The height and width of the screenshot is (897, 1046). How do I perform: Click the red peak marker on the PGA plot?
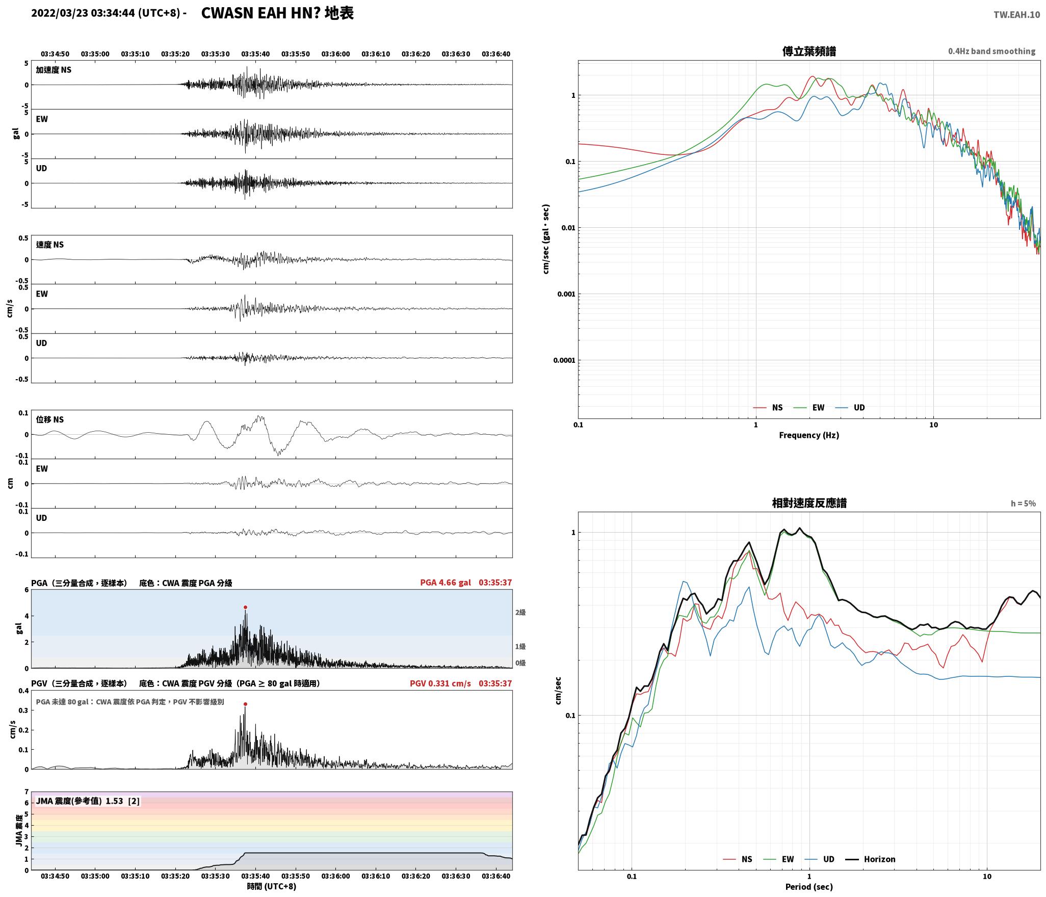(245, 607)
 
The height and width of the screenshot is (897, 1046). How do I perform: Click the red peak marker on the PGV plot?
(245, 704)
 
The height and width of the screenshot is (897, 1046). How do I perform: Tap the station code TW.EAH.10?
(1016, 15)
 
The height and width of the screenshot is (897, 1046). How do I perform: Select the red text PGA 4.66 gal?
(446, 583)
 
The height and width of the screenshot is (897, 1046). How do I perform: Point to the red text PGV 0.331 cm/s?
(440, 683)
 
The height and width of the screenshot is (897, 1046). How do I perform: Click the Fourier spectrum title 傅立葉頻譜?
(809, 51)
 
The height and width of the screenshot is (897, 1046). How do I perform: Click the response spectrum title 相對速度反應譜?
(809, 503)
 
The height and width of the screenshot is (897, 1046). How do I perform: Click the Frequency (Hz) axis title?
(809, 435)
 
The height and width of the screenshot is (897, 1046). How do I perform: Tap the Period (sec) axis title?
(809, 886)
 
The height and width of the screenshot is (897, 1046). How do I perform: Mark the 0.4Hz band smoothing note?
(991, 51)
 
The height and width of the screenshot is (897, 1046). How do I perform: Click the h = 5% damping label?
(1023, 503)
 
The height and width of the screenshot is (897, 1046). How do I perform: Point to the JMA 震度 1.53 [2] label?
(88, 801)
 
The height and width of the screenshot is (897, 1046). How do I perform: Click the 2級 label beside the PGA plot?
(520, 612)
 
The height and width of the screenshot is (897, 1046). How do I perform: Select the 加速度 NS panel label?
(54, 70)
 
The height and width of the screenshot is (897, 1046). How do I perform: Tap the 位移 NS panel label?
(50, 419)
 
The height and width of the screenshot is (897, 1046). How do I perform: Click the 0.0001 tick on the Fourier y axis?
(564, 360)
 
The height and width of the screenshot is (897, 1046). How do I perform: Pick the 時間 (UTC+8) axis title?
(272, 886)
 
